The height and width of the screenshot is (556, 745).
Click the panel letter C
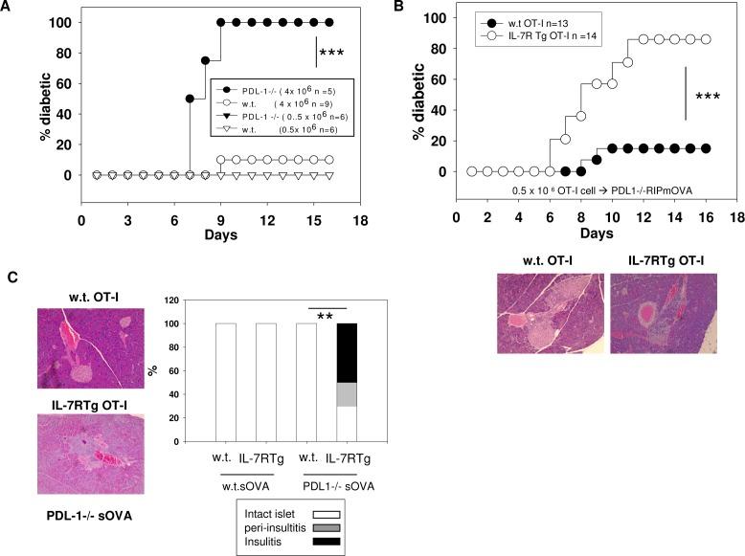click(x=11, y=278)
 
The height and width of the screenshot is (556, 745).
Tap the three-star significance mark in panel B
click(x=708, y=97)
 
